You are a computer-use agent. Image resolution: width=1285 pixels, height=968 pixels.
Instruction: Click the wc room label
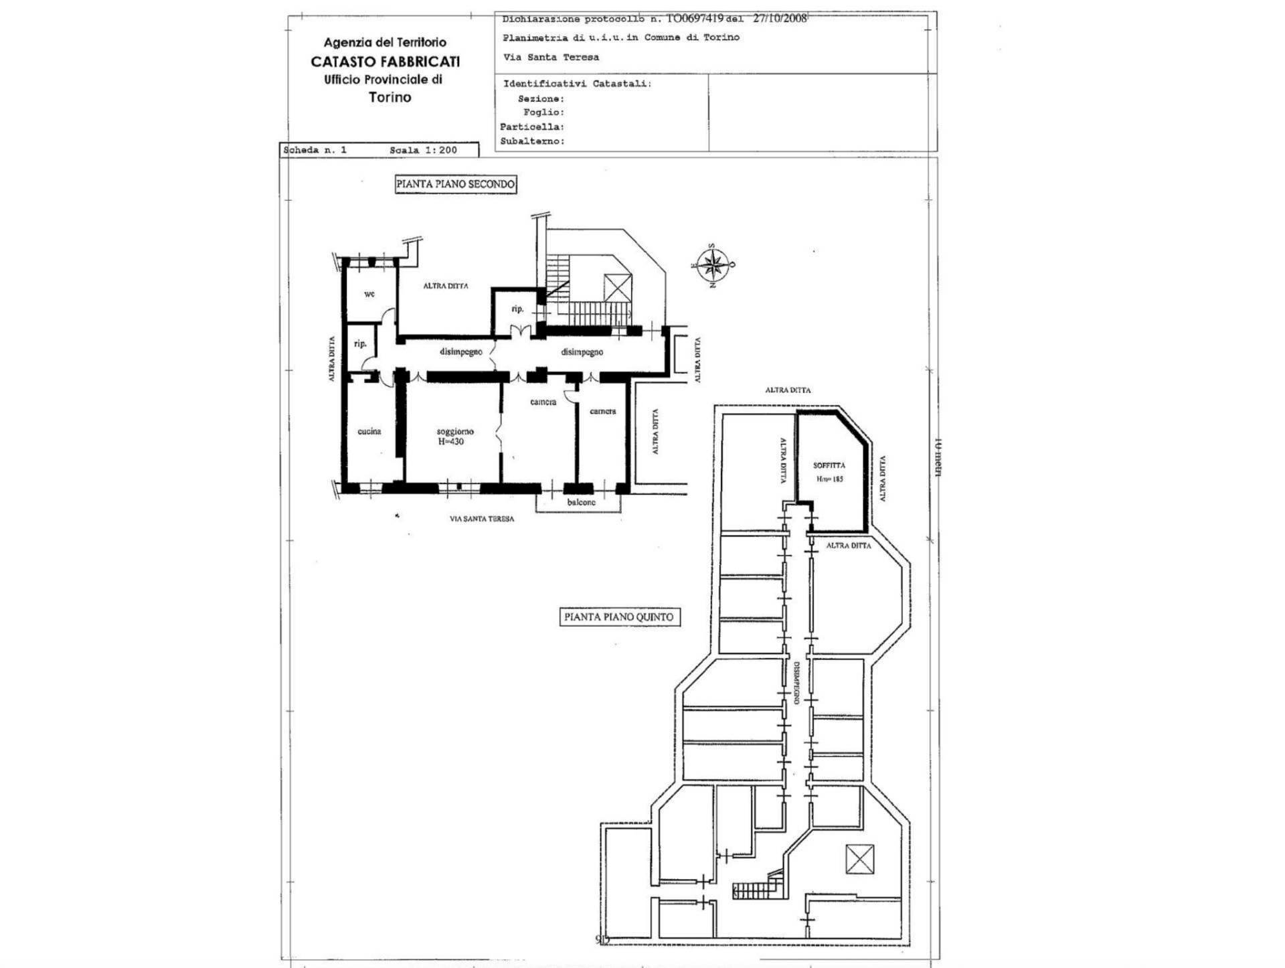(369, 294)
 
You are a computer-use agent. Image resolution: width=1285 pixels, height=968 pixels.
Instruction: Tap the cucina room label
(369, 431)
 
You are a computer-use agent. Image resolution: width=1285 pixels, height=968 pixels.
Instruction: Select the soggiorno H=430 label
(455, 436)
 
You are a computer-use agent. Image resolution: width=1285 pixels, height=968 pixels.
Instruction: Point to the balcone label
(581, 502)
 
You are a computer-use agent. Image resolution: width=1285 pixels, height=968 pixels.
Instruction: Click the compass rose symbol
(713, 265)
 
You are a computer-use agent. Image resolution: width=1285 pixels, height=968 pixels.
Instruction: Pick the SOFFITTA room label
(829, 465)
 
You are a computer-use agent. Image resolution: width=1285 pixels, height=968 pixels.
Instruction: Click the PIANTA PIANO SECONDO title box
(456, 184)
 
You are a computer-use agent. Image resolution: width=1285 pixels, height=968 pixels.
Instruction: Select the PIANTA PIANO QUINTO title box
(619, 617)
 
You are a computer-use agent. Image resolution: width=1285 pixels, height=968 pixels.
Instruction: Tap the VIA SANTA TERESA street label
(482, 519)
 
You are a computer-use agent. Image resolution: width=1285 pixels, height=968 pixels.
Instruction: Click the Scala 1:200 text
(423, 150)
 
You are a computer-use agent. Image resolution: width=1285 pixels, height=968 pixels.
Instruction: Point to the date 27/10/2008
(780, 19)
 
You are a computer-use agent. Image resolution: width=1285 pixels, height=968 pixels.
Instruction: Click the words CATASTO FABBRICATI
(385, 62)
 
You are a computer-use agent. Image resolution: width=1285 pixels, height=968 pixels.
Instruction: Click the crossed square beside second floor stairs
(617, 288)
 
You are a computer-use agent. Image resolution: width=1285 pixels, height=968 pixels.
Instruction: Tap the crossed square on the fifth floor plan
(859, 859)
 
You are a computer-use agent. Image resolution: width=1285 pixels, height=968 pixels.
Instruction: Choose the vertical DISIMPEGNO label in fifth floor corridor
(796, 683)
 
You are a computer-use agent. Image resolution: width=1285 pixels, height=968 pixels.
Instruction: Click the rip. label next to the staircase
(517, 309)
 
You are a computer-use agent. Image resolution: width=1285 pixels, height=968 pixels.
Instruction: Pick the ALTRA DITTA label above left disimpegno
(446, 286)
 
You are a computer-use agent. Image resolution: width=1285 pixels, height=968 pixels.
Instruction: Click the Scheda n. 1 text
(315, 150)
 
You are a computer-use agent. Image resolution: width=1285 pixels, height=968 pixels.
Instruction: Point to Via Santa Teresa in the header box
(551, 58)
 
